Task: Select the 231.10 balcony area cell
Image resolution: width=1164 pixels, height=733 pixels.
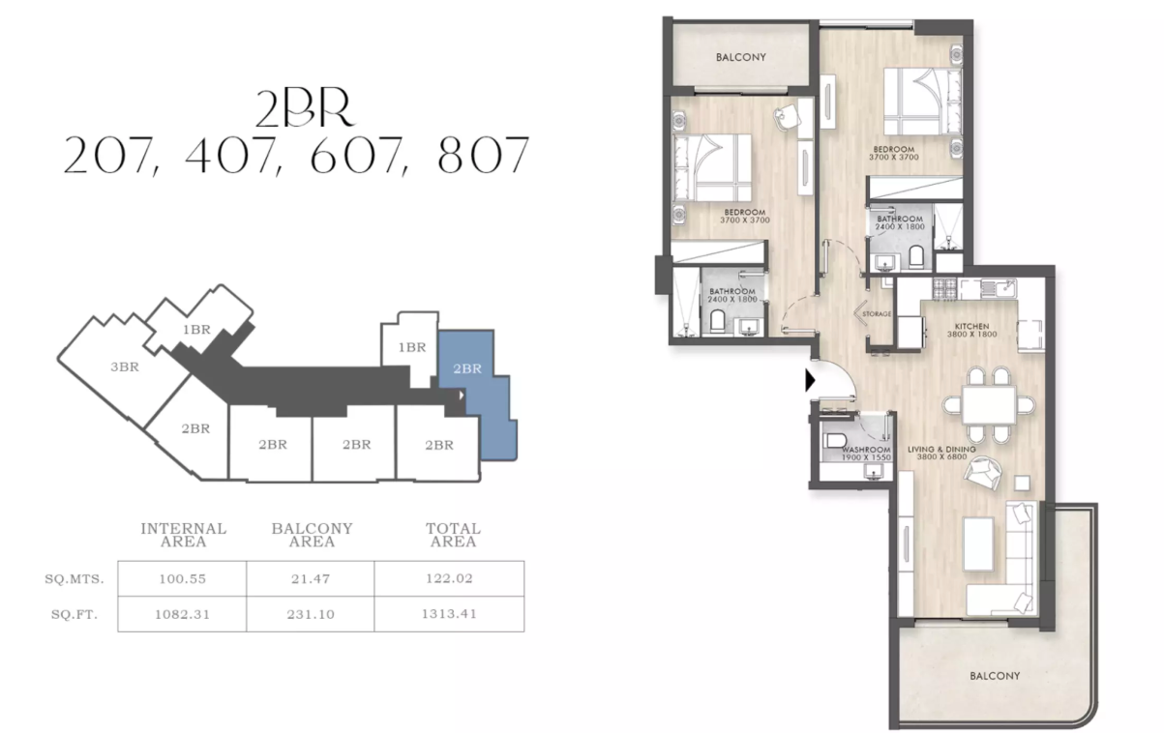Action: (312, 614)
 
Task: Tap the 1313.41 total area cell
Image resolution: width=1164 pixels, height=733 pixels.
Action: (453, 614)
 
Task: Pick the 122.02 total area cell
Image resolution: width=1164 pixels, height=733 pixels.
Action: (453, 579)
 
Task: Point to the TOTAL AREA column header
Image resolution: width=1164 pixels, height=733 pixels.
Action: (453, 535)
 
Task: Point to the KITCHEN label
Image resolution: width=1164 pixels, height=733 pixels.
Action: (970, 326)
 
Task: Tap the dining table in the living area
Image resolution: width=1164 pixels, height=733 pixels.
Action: (985, 401)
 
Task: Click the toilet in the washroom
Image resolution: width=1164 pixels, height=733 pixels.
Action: (835, 443)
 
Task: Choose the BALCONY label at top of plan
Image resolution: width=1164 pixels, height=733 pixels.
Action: (740, 57)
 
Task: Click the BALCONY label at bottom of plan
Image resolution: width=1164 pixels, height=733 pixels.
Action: (994, 676)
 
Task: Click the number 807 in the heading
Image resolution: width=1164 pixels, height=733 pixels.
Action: (483, 156)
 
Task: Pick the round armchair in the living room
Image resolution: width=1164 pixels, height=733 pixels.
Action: (987, 473)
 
